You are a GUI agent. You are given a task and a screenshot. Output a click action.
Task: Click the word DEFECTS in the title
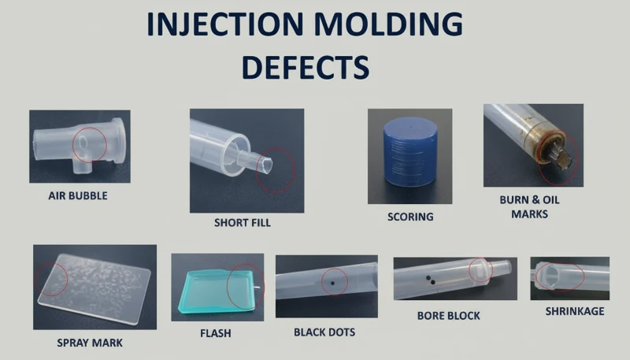(x=305, y=67)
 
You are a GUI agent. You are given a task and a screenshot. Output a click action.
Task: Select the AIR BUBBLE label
(x=78, y=195)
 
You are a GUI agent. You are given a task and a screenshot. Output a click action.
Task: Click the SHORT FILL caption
(x=243, y=223)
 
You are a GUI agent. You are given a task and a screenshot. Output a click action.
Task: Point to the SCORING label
(x=410, y=216)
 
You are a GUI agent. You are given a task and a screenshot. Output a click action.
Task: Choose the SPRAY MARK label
(x=90, y=343)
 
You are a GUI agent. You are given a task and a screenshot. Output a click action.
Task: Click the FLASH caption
(x=216, y=333)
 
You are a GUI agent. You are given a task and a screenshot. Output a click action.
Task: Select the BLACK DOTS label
(x=326, y=332)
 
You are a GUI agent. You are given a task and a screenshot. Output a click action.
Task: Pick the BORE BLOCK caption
(x=448, y=316)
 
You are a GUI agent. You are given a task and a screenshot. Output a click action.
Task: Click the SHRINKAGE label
(x=575, y=311)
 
